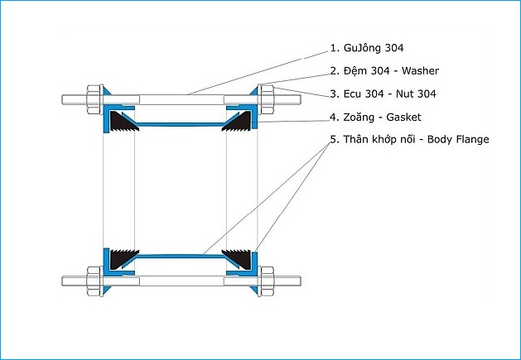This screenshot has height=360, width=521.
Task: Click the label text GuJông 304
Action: coord(374,48)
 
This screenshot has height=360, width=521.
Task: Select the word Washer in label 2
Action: coord(420,70)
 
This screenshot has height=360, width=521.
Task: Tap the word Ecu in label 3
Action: coord(352,94)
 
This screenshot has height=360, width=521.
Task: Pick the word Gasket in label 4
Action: coord(403,118)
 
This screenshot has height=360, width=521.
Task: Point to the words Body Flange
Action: coord(458,139)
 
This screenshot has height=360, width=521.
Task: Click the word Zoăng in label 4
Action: coord(359,118)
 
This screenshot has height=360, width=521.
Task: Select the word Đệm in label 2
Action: coord(353,70)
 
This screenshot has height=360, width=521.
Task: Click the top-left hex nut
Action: coord(94,99)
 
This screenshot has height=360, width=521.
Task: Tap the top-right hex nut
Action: coord(268,99)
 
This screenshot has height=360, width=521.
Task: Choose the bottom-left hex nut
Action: coord(94,281)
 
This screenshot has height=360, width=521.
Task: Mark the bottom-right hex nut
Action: coord(268,281)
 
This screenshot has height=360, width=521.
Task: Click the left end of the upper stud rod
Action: coord(62,99)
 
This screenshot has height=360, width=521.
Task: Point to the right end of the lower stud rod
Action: coord(301,281)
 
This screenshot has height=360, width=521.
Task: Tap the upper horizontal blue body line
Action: coord(181,125)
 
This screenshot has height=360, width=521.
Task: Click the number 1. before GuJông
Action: coord(335,48)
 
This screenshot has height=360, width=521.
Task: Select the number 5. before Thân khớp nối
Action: coord(335,139)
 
